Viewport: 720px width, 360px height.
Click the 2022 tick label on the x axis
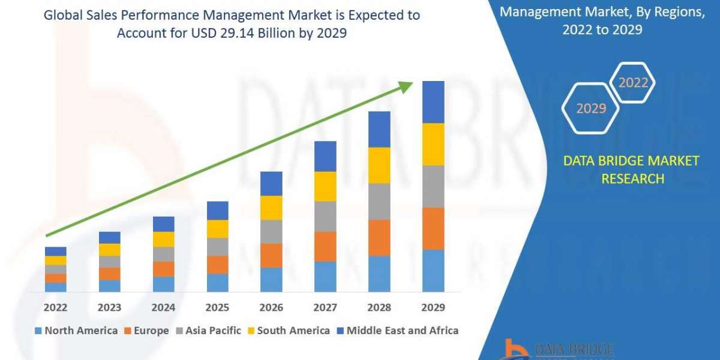point(56,308)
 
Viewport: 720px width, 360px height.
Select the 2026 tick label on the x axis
point(271,308)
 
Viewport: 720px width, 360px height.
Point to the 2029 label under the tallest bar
point(433,308)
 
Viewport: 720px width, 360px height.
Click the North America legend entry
point(76,331)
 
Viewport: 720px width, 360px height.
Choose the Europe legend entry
point(146,331)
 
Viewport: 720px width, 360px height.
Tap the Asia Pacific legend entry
point(208,331)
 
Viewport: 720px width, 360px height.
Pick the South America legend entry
point(289,331)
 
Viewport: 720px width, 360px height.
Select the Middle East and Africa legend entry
point(397,331)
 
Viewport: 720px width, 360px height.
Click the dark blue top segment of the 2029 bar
point(433,102)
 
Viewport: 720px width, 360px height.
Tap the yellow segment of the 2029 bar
point(433,144)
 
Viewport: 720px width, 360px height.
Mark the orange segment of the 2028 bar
point(379,238)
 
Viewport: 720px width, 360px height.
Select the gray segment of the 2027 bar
point(325,216)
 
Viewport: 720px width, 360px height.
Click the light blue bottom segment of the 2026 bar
point(271,280)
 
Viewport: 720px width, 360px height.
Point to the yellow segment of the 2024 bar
point(163,239)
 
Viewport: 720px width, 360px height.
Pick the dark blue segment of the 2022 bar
point(56,251)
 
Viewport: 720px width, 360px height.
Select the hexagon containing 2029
point(591,109)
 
